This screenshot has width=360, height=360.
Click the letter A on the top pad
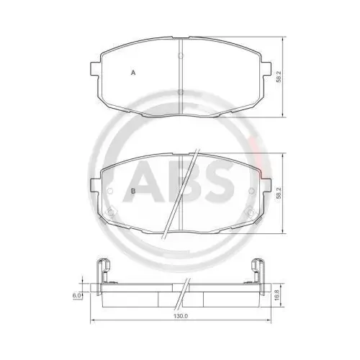(132, 72)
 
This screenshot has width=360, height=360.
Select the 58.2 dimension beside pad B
(278, 193)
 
